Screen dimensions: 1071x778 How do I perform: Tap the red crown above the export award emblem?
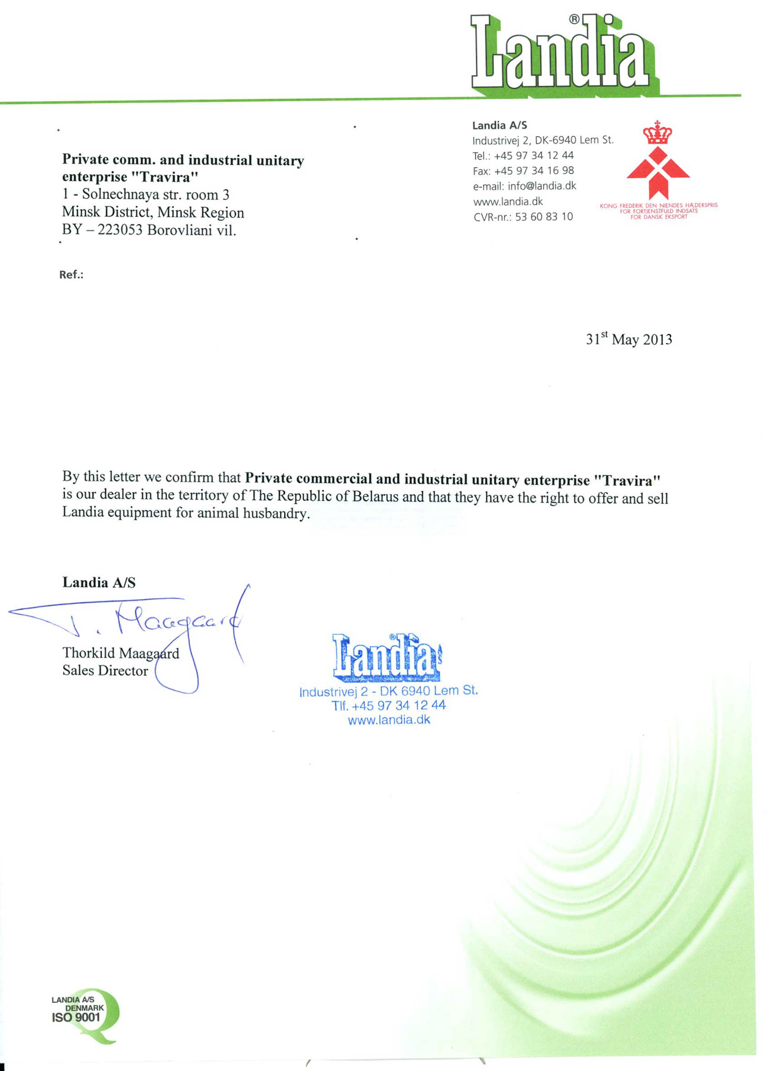coord(658,133)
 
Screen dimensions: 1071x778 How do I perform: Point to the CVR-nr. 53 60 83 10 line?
coord(523,217)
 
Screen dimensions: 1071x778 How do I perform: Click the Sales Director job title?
coord(105,671)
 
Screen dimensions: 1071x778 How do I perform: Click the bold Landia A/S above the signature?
coord(99,582)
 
